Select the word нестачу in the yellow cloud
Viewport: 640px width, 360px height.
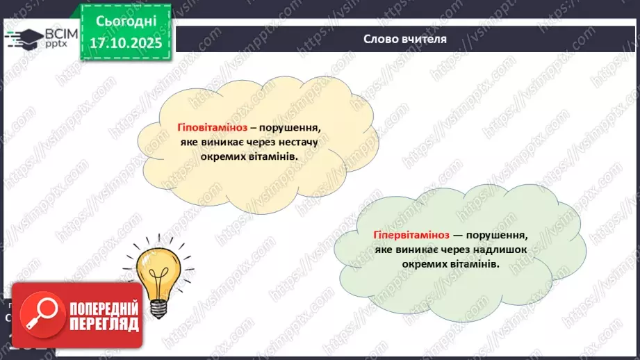click(x=295, y=142)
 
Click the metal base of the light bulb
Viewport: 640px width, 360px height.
click(x=159, y=306)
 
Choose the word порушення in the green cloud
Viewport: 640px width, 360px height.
click(x=499, y=236)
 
